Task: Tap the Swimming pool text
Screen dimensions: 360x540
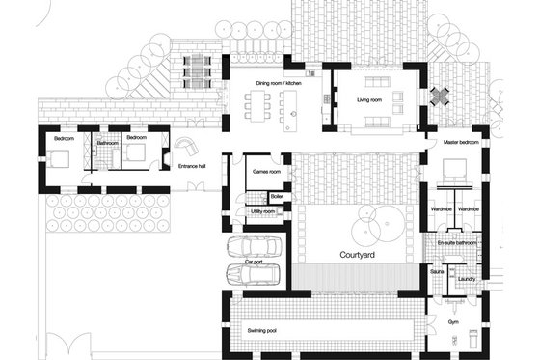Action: click(x=262, y=330)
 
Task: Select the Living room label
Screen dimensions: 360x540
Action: click(x=371, y=98)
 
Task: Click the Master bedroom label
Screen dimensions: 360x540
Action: click(x=462, y=142)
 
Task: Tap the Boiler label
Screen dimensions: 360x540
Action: click(x=277, y=196)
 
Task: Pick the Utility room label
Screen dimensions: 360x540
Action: click(x=263, y=210)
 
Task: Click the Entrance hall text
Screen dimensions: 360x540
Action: click(x=195, y=166)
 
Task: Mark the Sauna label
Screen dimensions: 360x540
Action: click(x=437, y=273)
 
